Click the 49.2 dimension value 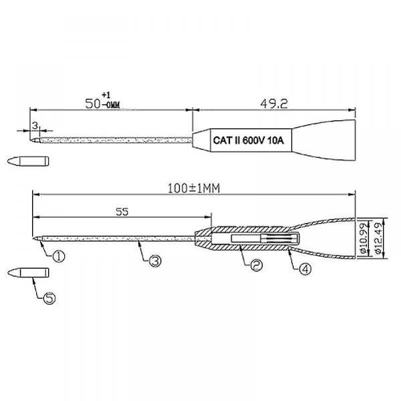(274, 104)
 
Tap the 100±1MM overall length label (194, 188)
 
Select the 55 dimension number (122, 212)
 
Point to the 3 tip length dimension (35, 126)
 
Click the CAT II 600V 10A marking (249, 140)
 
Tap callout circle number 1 (59, 256)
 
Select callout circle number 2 (256, 265)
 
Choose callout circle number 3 (155, 261)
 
